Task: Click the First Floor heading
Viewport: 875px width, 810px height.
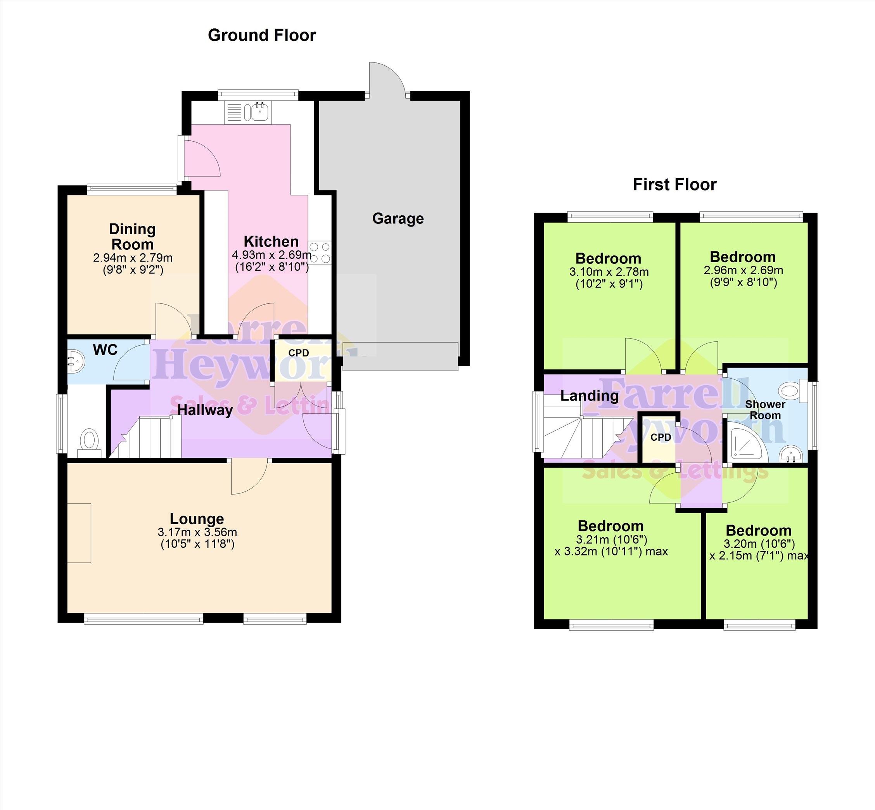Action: [674, 185]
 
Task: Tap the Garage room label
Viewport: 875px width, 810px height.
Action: [398, 218]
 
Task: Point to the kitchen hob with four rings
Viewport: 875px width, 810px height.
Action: [320, 253]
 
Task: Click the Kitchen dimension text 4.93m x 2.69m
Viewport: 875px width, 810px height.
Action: [271, 254]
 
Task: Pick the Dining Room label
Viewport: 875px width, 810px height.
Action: [132, 237]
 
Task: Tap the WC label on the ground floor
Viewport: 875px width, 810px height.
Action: [105, 350]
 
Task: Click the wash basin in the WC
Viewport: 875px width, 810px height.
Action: [75, 361]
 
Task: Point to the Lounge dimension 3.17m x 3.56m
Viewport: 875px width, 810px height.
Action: [197, 532]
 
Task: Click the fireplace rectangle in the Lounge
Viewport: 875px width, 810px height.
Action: [79, 533]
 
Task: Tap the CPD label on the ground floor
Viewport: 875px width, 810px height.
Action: [298, 353]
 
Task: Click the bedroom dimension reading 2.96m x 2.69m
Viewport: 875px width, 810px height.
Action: [743, 270]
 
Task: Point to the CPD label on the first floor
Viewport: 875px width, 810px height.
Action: [661, 437]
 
